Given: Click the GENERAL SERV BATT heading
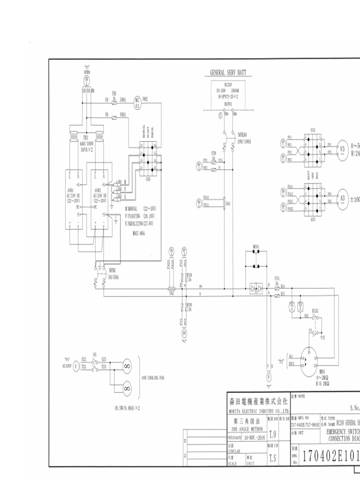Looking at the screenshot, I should pyautogui.click(x=228, y=73).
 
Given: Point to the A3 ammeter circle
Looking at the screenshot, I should pyautogui.click(x=342, y=198).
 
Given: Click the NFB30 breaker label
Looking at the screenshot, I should pyautogui.click(x=242, y=134).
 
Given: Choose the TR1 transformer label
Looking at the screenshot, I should pyautogui.click(x=86, y=138).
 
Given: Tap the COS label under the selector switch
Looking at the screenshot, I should pyautogui.click(x=148, y=179).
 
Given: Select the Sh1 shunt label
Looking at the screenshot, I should pyautogui.click(x=228, y=204).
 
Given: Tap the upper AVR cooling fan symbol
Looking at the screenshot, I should pyautogui.click(x=126, y=365).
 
